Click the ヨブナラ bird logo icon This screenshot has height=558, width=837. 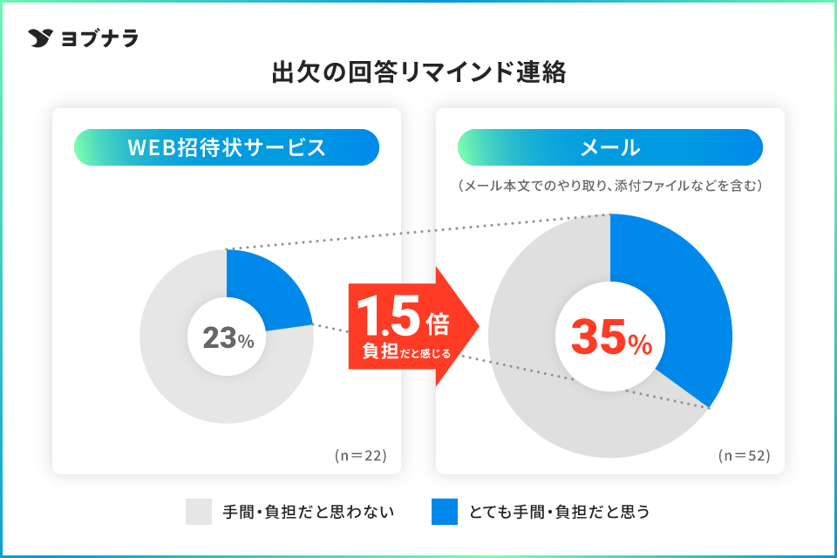pos(41,38)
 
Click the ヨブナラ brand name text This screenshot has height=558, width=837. pos(99,38)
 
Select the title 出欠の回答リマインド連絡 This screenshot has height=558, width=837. pos(418,72)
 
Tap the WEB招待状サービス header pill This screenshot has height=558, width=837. pos(227,147)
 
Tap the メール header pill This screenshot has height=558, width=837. pos(610,147)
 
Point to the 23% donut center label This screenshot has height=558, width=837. pos(227,337)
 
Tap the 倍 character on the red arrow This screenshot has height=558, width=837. pos(439,324)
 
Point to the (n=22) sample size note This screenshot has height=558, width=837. pos(359,455)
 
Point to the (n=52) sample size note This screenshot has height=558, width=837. pos(744,455)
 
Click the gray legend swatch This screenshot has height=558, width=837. pos(199,512)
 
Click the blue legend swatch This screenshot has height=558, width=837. pos(445,512)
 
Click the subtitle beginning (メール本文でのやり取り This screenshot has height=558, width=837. pos(610,186)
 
